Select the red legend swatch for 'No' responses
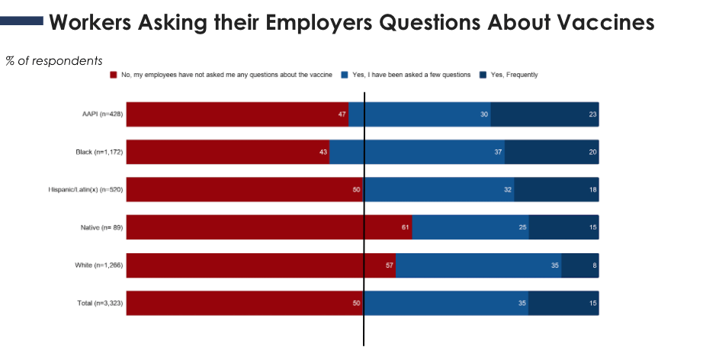click(x=114, y=75)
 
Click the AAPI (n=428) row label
click(x=102, y=114)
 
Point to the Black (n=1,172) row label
click(x=99, y=152)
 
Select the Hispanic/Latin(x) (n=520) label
click(x=86, y=189)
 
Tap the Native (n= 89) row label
click(x=101, y=227)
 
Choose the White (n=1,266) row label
click(x=99, y=265)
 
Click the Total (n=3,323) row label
click(x=100, y=303)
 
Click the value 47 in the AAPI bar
click(x=342, y=114)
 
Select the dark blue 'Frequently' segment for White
click(x=579, y=265)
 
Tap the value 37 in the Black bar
click(x=498, y=152)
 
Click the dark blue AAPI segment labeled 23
click(x=544, y=114)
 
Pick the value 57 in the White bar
click(x=390, y=265)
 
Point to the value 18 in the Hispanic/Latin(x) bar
click(x=592, y=189)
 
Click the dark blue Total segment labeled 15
click(x=563, y=303)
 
